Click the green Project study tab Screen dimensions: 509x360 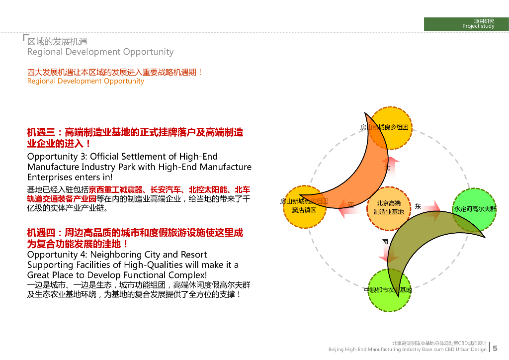point(466,24)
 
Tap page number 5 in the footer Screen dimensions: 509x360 point(495,349)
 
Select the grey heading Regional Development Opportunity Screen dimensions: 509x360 point(100,52)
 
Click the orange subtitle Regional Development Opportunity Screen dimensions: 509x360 point(85,81)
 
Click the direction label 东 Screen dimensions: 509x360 point(418,206)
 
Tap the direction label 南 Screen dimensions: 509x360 point(385,242)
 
